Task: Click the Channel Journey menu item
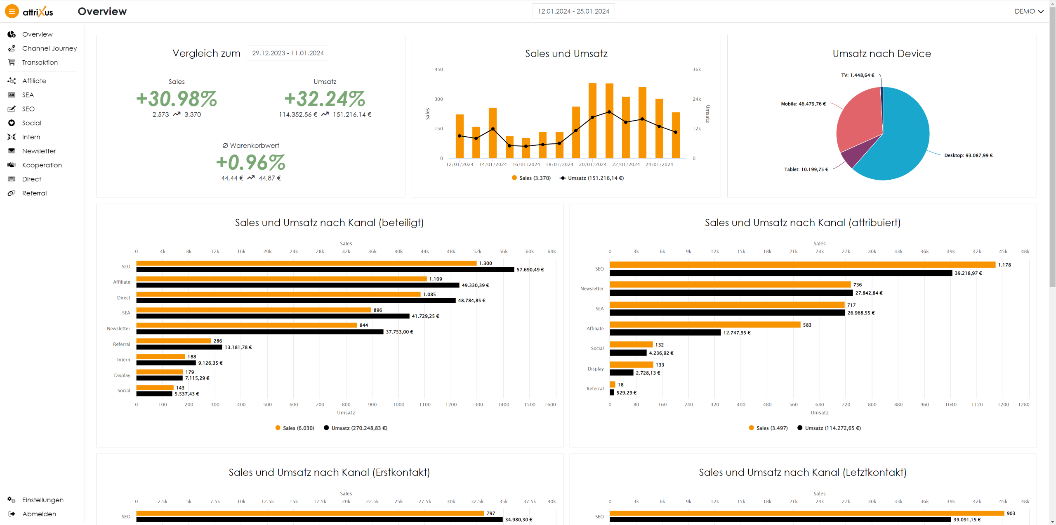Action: click(49, 48)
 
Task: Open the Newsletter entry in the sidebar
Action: click(39, 151)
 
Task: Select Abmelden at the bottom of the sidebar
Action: click(39, 514)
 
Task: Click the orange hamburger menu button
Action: click(12, 11)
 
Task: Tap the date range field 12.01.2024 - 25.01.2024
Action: click(573, 11)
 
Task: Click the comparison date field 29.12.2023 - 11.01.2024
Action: click(288, 53)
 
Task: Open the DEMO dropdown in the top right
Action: click(1029, 11)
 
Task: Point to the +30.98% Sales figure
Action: click(177, 99)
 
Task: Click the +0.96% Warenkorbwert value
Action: click(251, 163)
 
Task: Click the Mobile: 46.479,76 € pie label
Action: click(803, 104)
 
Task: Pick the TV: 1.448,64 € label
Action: click(857, 75)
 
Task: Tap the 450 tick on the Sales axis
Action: click(438, 69)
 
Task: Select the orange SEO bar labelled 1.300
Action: click(306, 263)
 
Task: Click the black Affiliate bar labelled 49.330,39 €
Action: click(297, 285)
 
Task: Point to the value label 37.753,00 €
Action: click(399, 332)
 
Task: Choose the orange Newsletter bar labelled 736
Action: click(730, 285)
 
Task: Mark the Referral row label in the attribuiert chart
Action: click(595, 389)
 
